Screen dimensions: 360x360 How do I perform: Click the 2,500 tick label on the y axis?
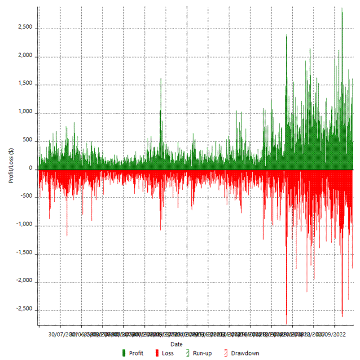coord(26,28)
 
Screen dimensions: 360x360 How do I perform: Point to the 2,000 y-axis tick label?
coord(26,57)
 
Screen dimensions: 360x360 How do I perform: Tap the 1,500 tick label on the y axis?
coord(26,85)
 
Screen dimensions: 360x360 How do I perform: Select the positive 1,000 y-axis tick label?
coord(26,113)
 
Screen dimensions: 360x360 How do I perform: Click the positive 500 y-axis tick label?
coord(28,141)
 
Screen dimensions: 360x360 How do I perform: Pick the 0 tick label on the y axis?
coord(31,169)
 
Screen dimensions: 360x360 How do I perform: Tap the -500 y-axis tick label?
coord(27,197)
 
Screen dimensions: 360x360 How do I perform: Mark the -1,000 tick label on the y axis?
coord(25,226)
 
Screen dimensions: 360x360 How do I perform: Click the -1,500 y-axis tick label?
coord(25,253)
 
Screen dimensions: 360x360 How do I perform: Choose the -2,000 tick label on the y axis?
coord(25,282)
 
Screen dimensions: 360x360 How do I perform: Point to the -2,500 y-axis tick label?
coord(25,310)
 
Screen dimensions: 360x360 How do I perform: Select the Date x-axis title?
coord(176,344)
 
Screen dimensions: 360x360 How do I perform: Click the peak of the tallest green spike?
coord(342,8)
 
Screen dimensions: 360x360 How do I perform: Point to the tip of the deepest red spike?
coord(286,324)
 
